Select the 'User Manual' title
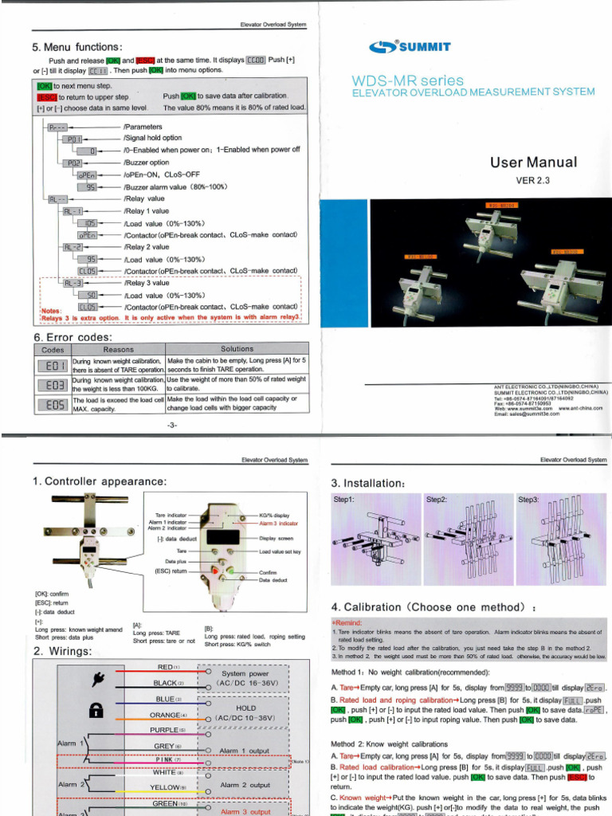point(533,163)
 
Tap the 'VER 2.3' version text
point(533,180)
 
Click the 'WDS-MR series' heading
point(407,80)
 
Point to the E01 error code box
point(52,366)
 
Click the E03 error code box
point(52,385)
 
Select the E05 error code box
point(52,404)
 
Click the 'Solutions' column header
point(237,349)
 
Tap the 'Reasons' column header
point(119,349)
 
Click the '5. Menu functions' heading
point(77,47)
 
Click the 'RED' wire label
point(165,666)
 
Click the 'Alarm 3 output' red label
point(245,811)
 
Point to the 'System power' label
point(245,673)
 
